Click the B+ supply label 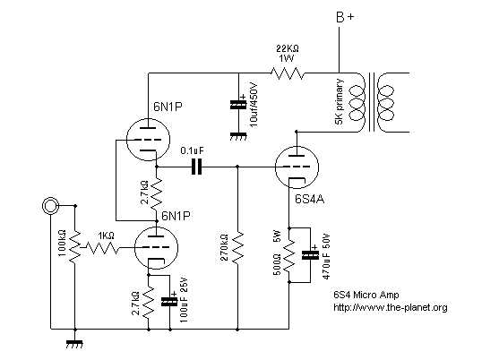345,17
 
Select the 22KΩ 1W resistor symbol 288,73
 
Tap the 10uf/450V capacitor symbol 238,105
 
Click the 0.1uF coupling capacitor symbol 196,167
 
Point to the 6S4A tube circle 297,167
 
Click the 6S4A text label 309,200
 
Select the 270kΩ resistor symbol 237,248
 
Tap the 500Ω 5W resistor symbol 289,256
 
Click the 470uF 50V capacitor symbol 310,255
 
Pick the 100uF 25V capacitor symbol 169,302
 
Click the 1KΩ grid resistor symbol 103,248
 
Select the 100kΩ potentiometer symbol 75,247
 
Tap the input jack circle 50,205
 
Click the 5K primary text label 340,101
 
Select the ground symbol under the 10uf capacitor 238,137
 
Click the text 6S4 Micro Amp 366,295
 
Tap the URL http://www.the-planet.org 391,307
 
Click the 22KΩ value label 288,48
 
